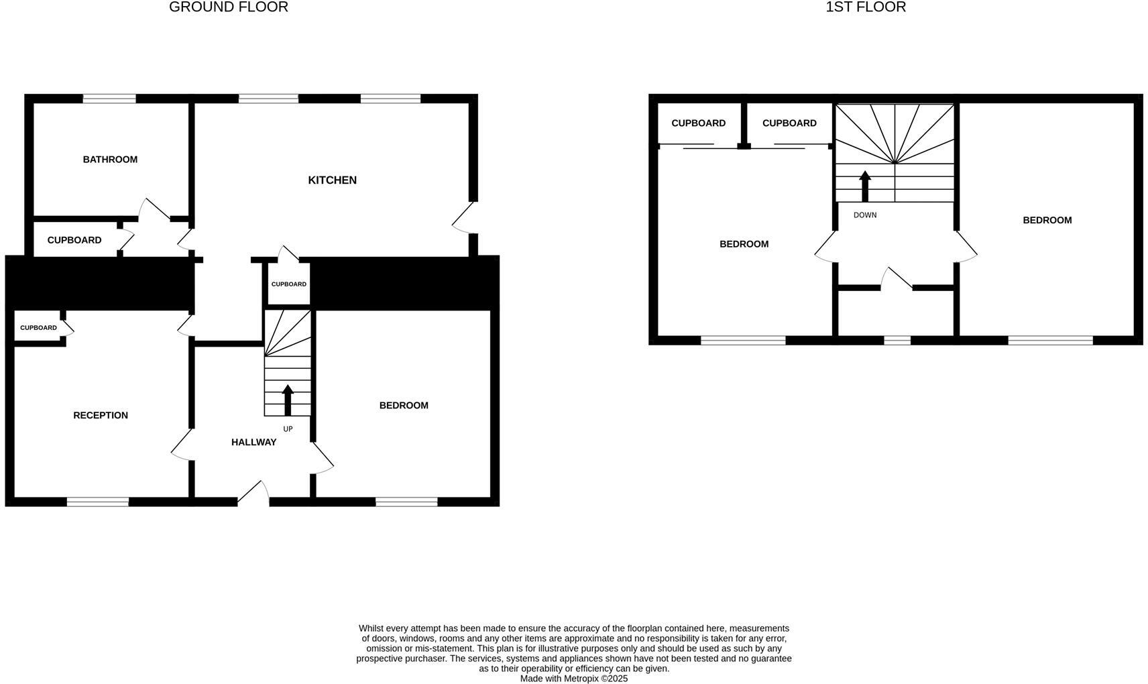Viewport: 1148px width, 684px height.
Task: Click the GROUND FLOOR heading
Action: [x=228, y=7]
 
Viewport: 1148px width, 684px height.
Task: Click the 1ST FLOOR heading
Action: [x=865, y=7]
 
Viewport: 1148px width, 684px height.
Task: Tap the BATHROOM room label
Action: [x=110, y=160]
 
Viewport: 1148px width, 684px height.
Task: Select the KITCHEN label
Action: [x=332, y=180]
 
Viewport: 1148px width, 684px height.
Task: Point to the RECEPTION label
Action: [x=101, y=416]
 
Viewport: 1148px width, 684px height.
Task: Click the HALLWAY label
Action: [x=253, y=443]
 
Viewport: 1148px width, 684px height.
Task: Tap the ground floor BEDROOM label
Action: [x=404, y=406]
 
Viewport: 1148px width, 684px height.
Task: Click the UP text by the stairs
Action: [x=288, y=429]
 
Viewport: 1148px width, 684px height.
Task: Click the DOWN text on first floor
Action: [x=865, y=215]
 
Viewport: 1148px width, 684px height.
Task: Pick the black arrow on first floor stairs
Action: [x=865, y=186]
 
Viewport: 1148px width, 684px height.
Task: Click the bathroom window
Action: [x=109, y=99]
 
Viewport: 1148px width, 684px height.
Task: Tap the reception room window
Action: [x=98, y=502]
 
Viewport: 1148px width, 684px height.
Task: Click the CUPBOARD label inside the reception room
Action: [x=38, y=328]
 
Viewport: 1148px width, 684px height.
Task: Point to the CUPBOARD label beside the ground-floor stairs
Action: [x=288, y=284]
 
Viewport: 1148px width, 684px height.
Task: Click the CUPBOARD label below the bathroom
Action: [x=74, y=240]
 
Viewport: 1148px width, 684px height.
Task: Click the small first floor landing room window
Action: [x=897, y=341]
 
